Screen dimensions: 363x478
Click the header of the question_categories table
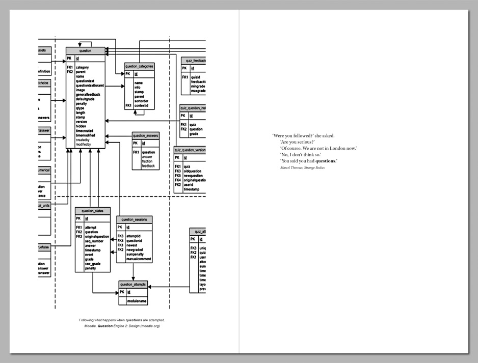139,66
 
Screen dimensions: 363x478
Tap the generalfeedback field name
88,95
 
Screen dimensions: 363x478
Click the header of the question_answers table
146,136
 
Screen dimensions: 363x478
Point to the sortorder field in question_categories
141,101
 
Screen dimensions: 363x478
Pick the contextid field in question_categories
141,105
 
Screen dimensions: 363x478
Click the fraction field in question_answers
147,161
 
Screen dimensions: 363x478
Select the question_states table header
92,210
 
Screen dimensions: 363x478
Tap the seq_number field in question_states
94,241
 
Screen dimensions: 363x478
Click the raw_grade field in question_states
93,264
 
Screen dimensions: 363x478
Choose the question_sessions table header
134,219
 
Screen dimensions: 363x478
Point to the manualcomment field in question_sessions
140,259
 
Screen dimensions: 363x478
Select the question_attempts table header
132,284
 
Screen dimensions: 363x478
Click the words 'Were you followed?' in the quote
289,135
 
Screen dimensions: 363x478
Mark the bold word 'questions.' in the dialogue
326,161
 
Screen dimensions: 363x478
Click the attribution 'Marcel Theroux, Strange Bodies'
302,167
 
